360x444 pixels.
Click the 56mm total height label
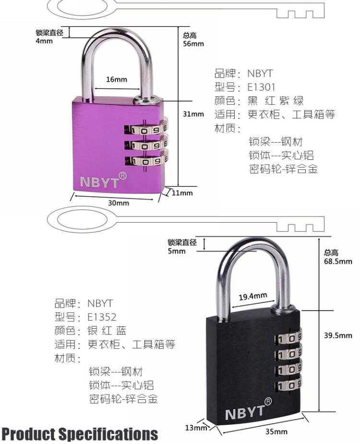(x=193, y=44)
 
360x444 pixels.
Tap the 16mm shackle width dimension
(x=117, y=79)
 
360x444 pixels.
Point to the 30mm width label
(x=119, y=203)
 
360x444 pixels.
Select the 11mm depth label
(x=182, y=193)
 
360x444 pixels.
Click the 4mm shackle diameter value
(x=44, y=41)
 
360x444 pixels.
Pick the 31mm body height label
(x=193, y=114)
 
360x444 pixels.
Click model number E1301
(x=261, y=87)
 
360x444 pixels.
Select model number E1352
(x=102, y=317)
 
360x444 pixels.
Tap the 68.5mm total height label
(x=338, y=261)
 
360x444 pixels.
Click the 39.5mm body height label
(x=338, y=336)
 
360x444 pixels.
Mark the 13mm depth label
(x=196, y=428)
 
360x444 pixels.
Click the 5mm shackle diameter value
(x=177, y=251)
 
